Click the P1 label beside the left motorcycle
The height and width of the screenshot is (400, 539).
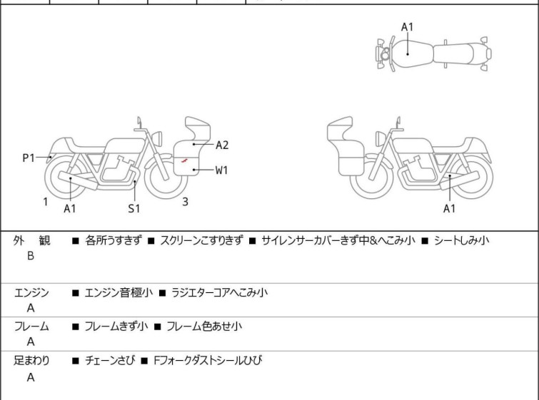click(29, 158)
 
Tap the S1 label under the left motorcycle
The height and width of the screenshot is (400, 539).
click(134, 208)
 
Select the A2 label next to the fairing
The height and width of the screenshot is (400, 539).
click(222, 145)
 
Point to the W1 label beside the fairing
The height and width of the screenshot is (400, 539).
click(222, 170)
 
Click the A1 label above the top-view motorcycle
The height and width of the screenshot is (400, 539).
click(407, 27)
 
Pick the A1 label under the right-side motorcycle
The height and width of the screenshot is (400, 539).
click(449, 208)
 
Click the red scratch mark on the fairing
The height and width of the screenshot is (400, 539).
click(185, 161)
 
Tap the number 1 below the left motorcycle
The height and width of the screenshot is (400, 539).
click(45, 202)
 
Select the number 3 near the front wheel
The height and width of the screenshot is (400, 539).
click(185, 202)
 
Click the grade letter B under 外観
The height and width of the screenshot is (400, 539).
click(31, 255)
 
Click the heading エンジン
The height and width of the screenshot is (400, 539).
click(32, 292)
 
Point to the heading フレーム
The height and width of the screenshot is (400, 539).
click(32, 327)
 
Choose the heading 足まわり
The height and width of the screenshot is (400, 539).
click(32, 361)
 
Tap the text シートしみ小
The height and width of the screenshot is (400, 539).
click(461, 240)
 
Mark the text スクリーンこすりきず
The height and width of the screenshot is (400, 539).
click(201, 240)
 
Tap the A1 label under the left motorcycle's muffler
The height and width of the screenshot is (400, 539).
click(69, 208)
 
